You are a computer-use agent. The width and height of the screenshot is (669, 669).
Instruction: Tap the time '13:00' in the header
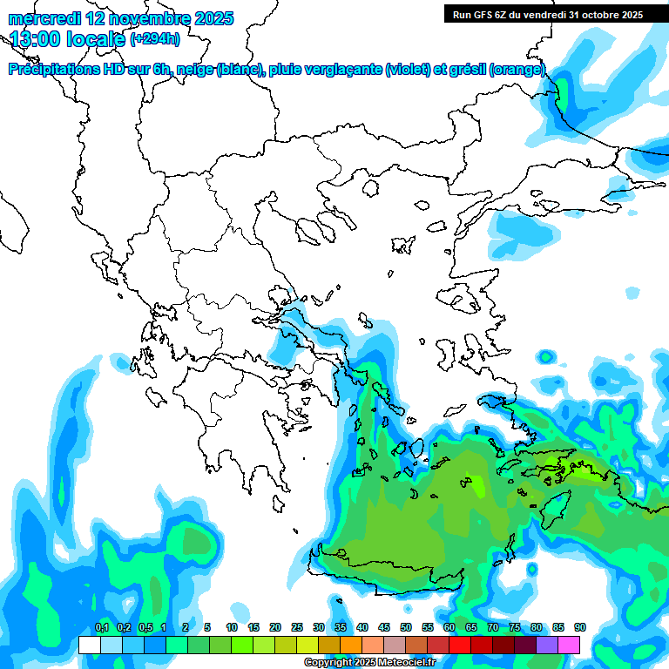(x=37, y=39)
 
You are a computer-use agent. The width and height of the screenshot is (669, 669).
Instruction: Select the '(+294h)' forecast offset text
(x=155, y=39)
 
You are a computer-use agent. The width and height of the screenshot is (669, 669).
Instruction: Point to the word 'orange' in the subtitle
(x=517, y=70)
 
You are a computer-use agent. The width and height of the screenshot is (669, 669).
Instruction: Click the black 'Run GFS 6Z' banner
(x=547, y=15)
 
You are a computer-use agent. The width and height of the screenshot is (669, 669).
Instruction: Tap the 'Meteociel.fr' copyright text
(x=401, y=663)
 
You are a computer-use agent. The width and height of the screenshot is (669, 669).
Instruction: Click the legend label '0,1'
(x=101, y=628)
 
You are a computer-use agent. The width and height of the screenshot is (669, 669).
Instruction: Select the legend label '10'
(x=232, y=628)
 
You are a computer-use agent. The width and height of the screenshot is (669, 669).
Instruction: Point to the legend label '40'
(x=362, y=628)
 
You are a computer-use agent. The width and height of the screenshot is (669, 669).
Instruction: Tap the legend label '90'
(x=579, y=628)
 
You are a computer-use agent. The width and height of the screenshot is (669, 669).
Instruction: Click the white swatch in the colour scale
(x=89, y=645)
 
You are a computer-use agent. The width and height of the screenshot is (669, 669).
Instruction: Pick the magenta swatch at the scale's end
(x=569, y=645)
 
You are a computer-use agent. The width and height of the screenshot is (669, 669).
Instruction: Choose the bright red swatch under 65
(x=460, y=645)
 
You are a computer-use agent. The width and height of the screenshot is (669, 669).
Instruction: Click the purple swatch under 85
(x=547, y=645)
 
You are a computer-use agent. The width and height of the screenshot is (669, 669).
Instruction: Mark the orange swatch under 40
(x=351, y=645)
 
